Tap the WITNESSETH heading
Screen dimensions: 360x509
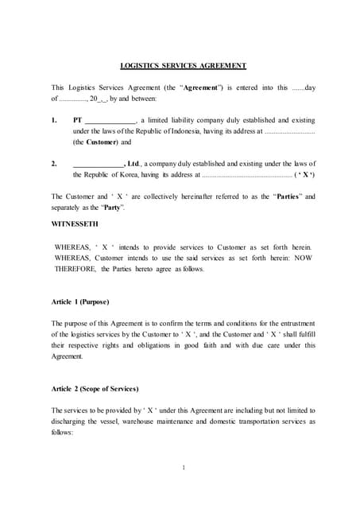click(x=79, y=224)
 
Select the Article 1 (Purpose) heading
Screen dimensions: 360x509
click(x=79, y=302)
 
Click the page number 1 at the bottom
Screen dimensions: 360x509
click(x=183, y=468)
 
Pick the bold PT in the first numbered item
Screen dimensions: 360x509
click(x=77, y=120)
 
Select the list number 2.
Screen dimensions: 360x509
click(x=54, y=163)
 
